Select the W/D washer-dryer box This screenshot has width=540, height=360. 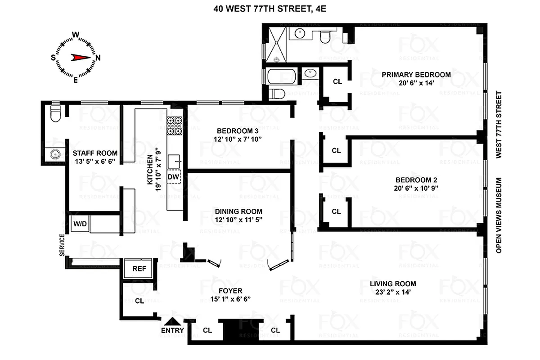click(x=80, y=223)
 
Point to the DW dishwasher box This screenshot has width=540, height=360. click(x=173, y=177)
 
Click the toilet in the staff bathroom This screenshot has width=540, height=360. click(x=55, y=114)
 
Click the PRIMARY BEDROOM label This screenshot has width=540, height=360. click(x=416, y=75)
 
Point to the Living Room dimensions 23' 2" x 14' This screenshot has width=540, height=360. click(x=393, y=292)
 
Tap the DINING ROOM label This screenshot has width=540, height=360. click(x=238, y=211)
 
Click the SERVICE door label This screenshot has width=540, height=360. click(x=62, y=245)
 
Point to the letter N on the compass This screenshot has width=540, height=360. click(x=98, y=57)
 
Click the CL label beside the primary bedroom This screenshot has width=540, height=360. click(x=337, y=81)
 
